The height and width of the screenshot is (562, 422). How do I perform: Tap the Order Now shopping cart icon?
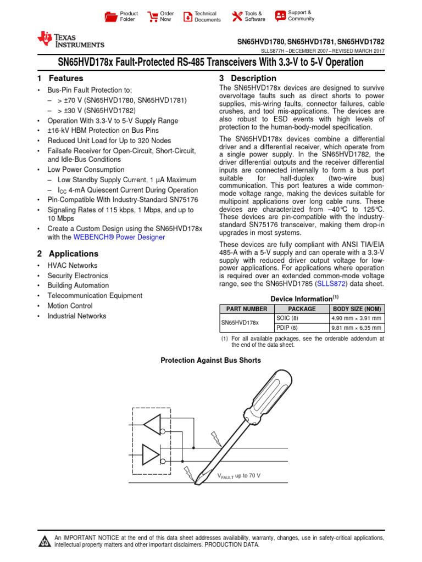click(152, 16)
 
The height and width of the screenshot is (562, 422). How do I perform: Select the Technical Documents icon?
click(188, 16)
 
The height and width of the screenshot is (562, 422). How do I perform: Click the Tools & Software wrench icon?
click(237, 16)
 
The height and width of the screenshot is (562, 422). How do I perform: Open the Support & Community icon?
click(280, 15)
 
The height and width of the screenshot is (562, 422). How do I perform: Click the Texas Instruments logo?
click(70, 40)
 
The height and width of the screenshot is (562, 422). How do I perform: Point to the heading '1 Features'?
click(60, 78)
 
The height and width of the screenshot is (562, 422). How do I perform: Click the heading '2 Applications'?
click(68, 254)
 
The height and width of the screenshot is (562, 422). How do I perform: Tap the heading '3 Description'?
click(248, 78)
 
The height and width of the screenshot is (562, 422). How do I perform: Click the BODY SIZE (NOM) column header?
click(356, 309)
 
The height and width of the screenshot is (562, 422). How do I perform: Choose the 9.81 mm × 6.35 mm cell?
click(356, 328)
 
